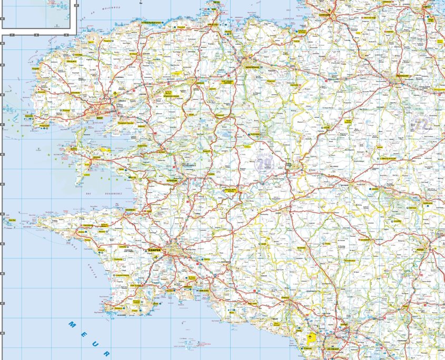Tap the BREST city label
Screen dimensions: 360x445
101,117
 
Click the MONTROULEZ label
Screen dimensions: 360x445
252,67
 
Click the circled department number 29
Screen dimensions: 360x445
264,164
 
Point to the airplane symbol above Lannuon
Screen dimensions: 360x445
330,10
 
